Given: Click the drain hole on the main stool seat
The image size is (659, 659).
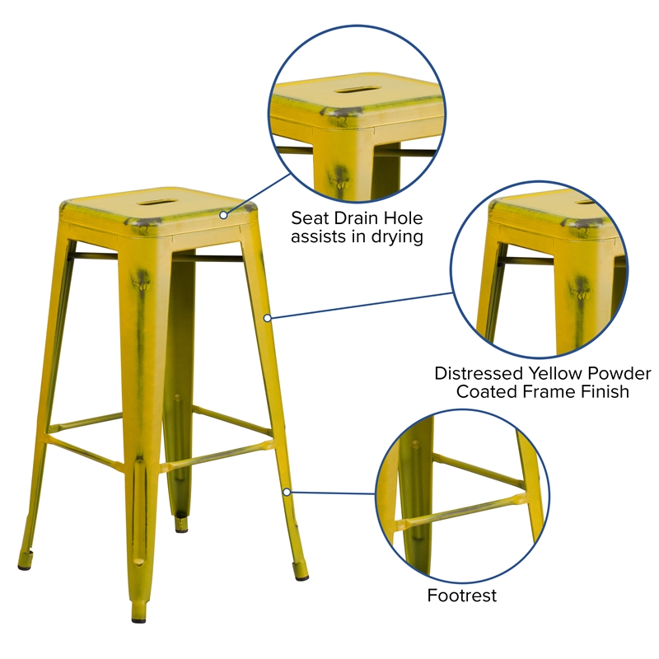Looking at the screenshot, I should [156, 200].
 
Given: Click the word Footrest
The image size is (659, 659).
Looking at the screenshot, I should [462, 595].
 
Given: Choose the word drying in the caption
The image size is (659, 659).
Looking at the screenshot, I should [396, 238].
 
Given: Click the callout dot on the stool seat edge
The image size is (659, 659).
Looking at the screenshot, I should [222, 215].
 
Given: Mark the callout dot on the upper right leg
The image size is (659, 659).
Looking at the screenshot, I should [267, 317].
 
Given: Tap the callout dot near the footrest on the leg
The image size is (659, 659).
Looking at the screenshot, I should [287, 492].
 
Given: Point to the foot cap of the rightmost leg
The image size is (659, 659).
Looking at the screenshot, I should [299, 567].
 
